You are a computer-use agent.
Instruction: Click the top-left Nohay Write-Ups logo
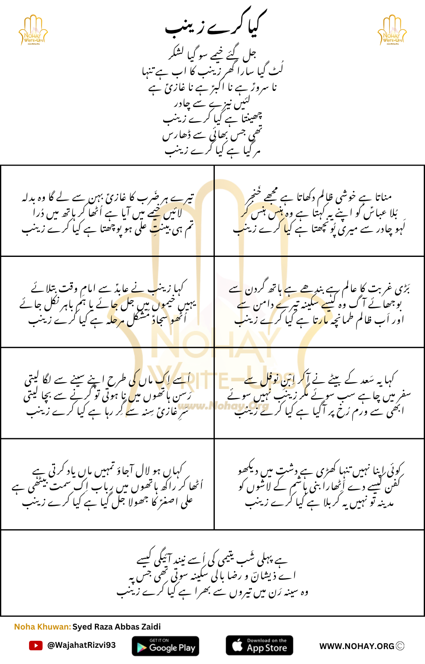click(x=33, y=30)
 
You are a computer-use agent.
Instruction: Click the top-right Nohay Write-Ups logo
click(x=392, y=30)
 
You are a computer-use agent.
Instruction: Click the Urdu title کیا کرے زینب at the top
click(x=216, y=25)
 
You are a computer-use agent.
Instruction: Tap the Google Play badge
click(x=165, y=646)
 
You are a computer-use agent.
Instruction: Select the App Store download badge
click(x=259, y=645)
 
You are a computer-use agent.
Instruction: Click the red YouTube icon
click(x=36, y=645)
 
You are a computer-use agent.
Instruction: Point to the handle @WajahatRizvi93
click(x=81, y=645)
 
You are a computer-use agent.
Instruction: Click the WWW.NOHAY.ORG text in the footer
click(x=356, y=646)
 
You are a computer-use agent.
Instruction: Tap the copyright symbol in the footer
click(x=400, y=646)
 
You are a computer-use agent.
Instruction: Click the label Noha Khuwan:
click(x=42, y=627)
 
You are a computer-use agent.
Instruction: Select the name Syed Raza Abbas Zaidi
click(x=117, y=627)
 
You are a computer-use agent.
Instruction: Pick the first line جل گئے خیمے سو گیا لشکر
click(x=212, y=54)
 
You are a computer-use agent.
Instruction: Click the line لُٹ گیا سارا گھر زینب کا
click(x=212, y=71)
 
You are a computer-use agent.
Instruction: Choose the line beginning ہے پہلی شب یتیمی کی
click(x=212, y=560)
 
